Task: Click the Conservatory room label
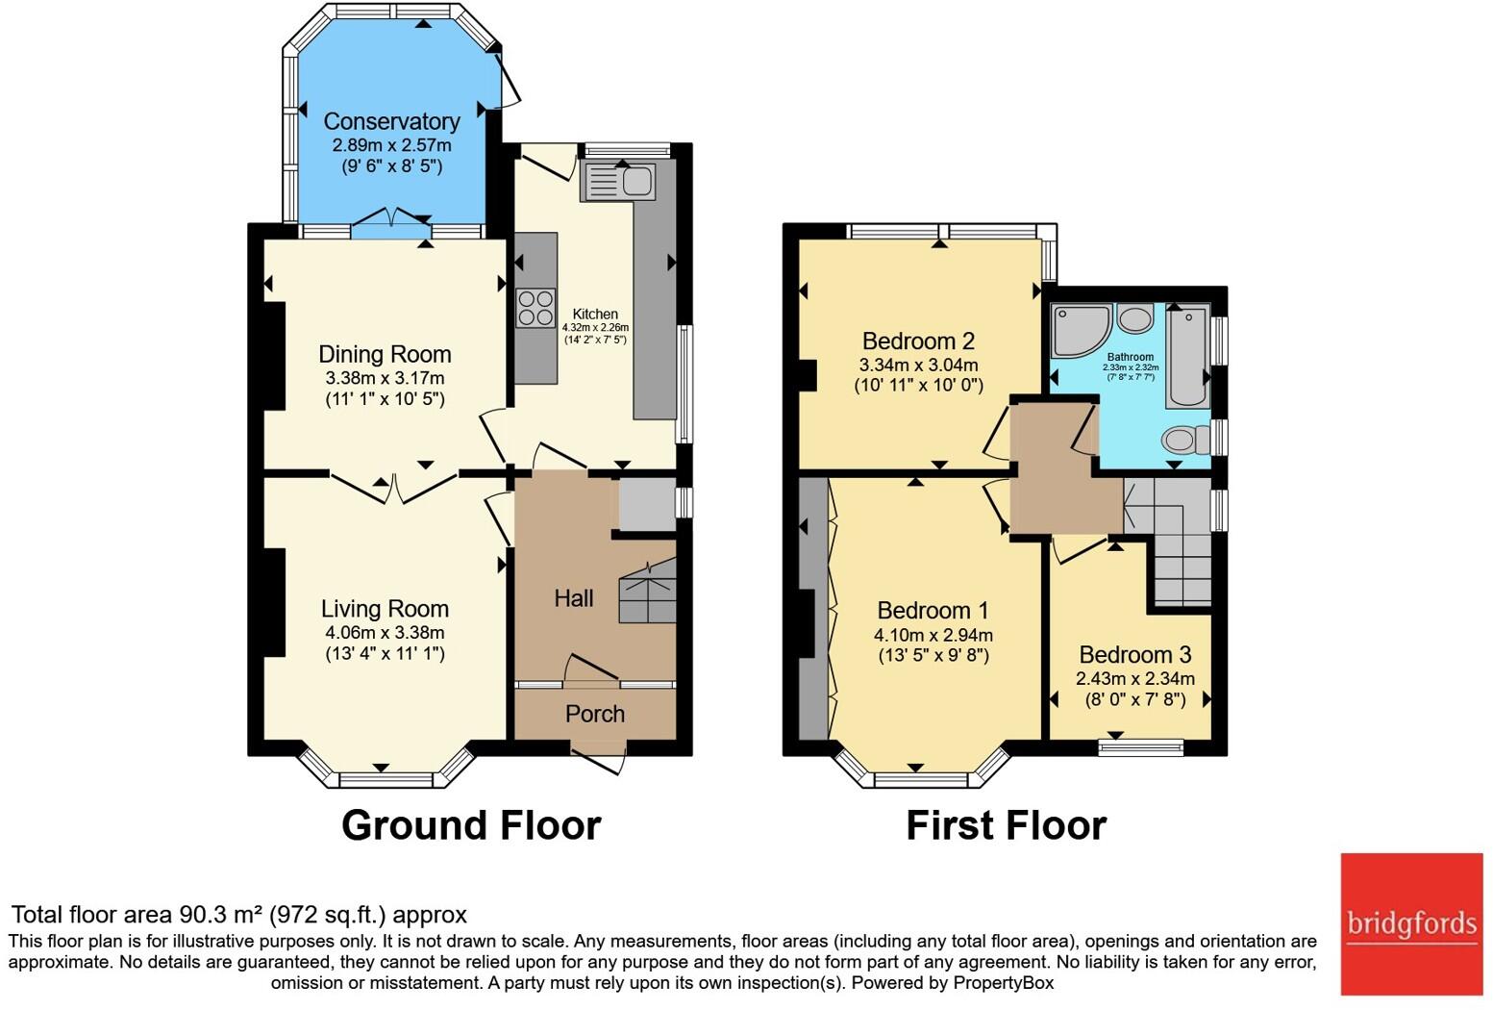tap(391, 121)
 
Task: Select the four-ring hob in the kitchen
tap(535, 308)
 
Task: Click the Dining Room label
tap(385, 354)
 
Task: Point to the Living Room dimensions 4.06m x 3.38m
tap(385, 633)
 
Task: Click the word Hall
tap(573, 598)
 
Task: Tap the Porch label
tap(595, 714)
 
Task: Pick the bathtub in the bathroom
tap(1187, 356)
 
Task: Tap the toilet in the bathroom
tap(1185, 441)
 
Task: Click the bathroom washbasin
tap(1135, 317)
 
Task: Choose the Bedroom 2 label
tap(918, 341)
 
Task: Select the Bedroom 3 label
tap(1134, 655)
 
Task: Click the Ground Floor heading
tap(471, 825)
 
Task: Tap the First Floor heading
tap(1006, 825)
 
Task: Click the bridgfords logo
tap(1411, 923)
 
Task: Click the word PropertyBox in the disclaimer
tap(1003, 983)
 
